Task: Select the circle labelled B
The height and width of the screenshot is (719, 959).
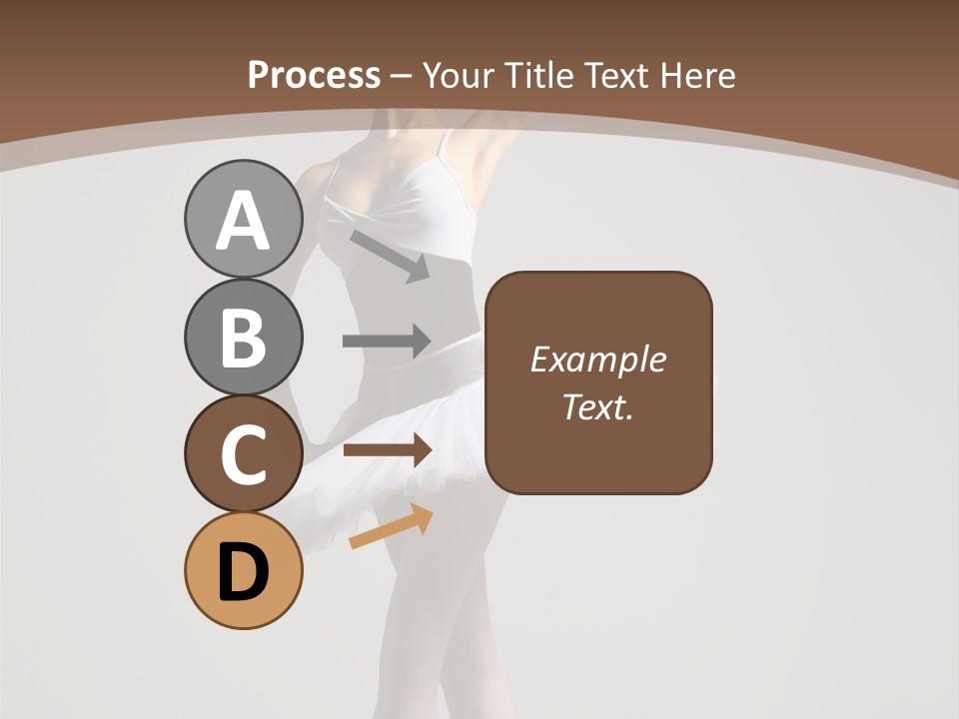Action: point(243,337)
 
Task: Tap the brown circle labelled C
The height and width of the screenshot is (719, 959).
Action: point(243,453)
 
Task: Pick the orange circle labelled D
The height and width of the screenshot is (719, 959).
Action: point(243,570)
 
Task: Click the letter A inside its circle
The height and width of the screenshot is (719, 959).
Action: point(243,222)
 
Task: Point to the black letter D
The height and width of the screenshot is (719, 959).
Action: point(243,573)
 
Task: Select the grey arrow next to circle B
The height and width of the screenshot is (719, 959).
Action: point(387,342)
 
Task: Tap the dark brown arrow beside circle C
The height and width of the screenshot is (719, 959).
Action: point(387,450)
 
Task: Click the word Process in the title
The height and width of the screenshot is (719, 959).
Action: point(314,75)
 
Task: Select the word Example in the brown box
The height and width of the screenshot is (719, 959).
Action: point(597,359)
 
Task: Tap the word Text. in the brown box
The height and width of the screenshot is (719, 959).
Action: point(597,406)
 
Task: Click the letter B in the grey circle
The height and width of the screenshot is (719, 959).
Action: point(243,339)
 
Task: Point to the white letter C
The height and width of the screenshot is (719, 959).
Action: point(243,456)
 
